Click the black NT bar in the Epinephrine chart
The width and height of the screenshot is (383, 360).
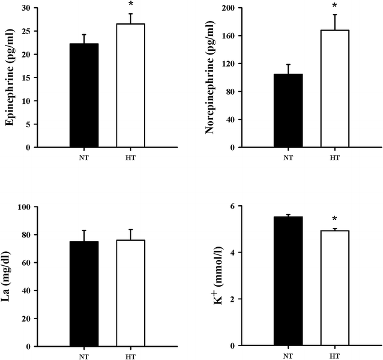[x=84, y=95]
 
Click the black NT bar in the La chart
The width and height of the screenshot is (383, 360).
[x=84, y=294]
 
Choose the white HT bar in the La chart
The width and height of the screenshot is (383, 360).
[x=130, y=293]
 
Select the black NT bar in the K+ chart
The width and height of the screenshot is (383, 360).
[x=288, y=281]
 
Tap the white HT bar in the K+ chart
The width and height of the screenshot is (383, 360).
[x=334, y=289]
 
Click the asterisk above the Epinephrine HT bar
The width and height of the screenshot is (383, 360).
[x=130, y=5]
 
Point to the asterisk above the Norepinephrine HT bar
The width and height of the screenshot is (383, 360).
[x=334, y=7]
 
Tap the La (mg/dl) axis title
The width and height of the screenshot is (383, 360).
[x=10, y=277]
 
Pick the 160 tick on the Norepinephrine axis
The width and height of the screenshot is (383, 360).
[x=227, y=36]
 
